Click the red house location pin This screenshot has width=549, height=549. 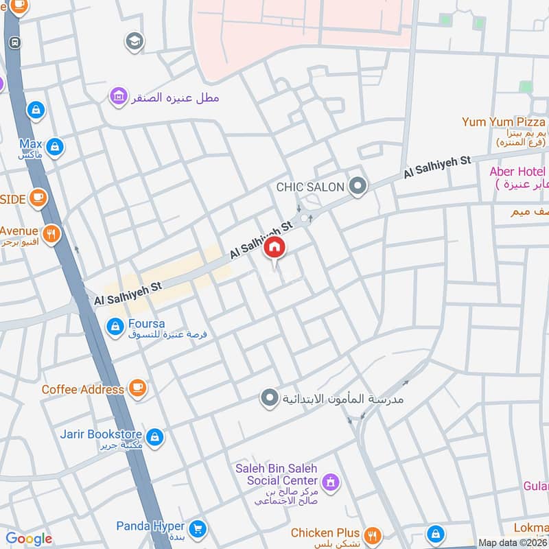pyautogui.click(x=274, y=248)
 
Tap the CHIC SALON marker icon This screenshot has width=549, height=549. pyautogui.click(x=357, y=186)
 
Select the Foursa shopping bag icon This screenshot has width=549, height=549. pyautogui.click(x=115, y=327)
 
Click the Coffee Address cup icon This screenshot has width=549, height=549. pyautogui.click(x=138, y=389)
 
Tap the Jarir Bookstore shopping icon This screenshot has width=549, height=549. pyautogui.click(x=155, y=435)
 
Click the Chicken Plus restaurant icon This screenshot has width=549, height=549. pyautogui.click(x=373, y=533)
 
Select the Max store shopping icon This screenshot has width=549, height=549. pyautogui.click(x=56, y=145)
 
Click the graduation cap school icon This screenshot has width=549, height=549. pyautogui.click(x=135, y=43)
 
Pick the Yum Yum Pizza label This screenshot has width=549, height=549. pyautogui.click(x=503, y=122)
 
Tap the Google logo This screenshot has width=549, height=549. pyautogui.click(x=29, y=539)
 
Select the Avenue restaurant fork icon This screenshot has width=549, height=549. pyautogui.click(x=51, y=235)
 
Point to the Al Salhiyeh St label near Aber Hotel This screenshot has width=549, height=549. pyautogui.click(x=437, y=167)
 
